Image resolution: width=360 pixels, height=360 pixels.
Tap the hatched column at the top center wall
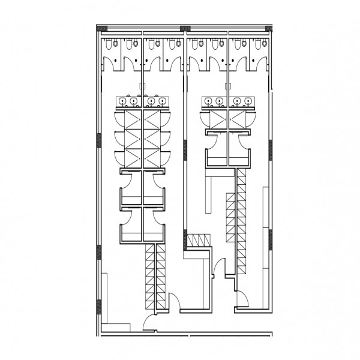[x=184, y=28]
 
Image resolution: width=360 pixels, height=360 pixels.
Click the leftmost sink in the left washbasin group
[x=121, y=102]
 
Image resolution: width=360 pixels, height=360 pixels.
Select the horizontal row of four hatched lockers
[x=195, y=241]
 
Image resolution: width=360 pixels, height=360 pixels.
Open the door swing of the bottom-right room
[x=244, y=301]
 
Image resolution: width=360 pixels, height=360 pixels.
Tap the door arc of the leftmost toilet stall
[x=112, y=61]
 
